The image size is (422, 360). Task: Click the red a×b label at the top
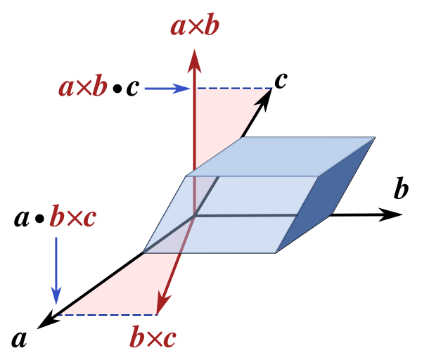click(x=195, y=25)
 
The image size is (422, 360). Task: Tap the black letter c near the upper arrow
click(x=281, y=80)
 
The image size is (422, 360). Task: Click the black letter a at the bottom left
click(x=19, y=339)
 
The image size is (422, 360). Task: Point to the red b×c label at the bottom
click(x=153, y=335)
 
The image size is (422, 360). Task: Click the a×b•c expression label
click(x=99, y=86)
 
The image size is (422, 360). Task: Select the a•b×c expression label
click(x=55, y=216)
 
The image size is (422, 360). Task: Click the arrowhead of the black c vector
click(x=264, y=99)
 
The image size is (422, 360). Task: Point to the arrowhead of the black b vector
click(x=390, y=214)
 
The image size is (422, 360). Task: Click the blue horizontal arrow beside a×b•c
click(x=167, y=89)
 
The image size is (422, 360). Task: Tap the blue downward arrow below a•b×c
click(x=56, y=271)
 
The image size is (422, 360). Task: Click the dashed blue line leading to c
click(x=234, y=88)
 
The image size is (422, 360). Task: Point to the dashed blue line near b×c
click(x=108, y=315)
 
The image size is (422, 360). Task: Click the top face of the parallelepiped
click(x=280, y=157)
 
